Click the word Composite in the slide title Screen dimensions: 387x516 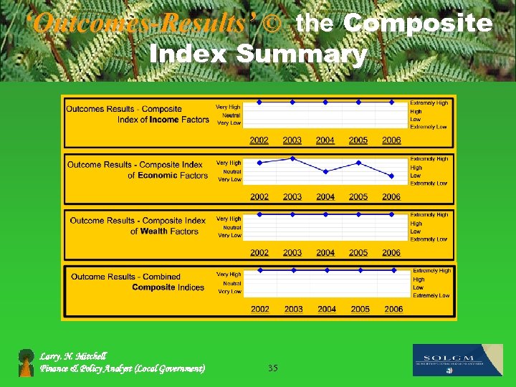click(x=418, y=24)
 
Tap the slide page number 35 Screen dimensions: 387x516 click(x=272, y=368)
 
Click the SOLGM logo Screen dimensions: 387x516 click(x=458, y=360)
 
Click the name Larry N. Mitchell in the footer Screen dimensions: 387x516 click(x=73, y=355)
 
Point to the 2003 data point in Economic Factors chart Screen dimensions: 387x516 click(x=292, y=158)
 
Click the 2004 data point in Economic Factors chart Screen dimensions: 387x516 click(x=325, y=172)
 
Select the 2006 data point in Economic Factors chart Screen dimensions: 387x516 click(x=391, y=176)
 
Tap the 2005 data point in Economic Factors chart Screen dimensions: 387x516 click(x=358, y=163)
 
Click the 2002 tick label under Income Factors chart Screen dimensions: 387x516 click(x=259, y=140)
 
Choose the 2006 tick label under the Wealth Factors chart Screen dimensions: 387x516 click(x=391, y=252)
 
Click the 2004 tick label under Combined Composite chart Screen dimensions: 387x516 click(x=327, y=309)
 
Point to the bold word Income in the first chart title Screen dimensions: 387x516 click(x=164, y=120)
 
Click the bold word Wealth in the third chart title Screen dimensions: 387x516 click(x=154, y=231)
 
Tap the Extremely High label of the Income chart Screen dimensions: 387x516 click(x=429, y=102)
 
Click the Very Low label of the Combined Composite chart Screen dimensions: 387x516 click(x=229, y=292)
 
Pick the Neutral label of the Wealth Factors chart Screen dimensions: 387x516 click(x=231, y=227)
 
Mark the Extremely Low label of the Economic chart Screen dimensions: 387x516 click(x=429, y=183)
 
